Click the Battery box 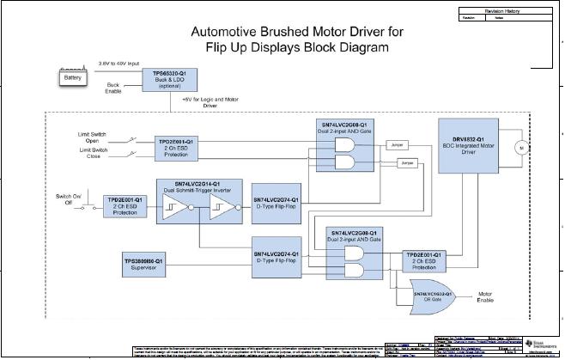coord(71,78)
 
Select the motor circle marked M coord(518,148)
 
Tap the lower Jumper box coord(406,162)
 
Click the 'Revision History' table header coord(508,10)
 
